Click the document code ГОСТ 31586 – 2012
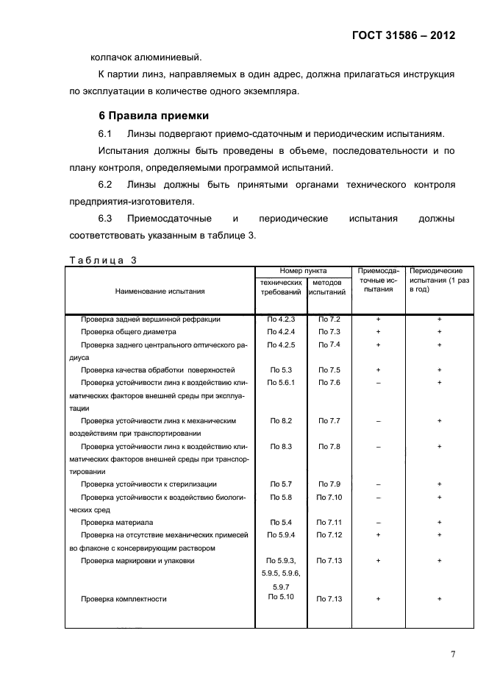403,34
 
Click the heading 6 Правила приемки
154,116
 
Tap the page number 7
453,654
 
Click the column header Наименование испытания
160,291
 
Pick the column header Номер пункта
303,271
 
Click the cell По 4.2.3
281,319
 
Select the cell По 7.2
329,319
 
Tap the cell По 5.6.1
281,383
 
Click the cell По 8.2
281,421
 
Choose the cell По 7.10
329,498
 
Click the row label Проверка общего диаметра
128,332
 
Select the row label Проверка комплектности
124,599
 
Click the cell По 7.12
329,535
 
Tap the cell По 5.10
281,596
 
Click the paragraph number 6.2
104,184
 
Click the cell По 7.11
329,523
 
